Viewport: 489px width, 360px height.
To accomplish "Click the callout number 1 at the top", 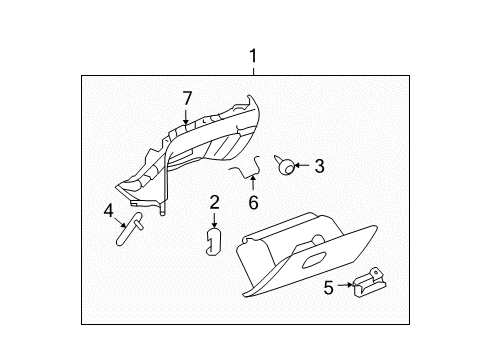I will click(x=253, y=56).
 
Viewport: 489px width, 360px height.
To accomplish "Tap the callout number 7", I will click(x=186, y=98).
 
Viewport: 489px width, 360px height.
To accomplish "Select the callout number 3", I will click(x=320, y=167).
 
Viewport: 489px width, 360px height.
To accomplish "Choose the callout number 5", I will click(x=328, y=288).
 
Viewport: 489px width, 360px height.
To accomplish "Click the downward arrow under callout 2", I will click(x=213, y=221).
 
